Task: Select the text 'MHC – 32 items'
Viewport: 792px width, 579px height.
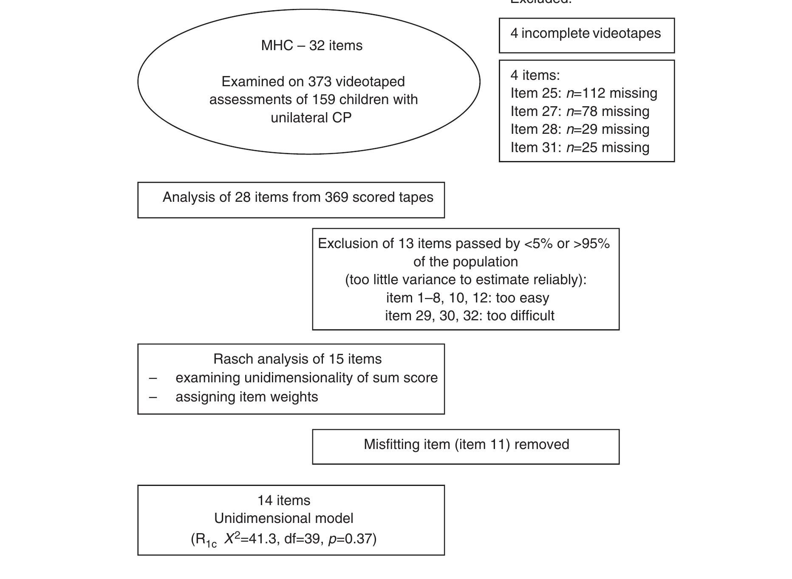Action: click(x=311, y=45)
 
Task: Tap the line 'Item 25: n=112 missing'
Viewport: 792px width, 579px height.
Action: click(x=583, y=93)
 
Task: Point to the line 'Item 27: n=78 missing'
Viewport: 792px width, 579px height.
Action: click(x=580, y=111)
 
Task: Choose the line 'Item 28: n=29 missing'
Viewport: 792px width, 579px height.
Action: click(x=580, y=129)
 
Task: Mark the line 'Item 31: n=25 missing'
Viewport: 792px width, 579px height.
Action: click(x=580, y=147)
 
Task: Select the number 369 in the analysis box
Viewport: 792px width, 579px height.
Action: click(x=337, y=197)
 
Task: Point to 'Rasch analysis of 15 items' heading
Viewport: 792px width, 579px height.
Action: click(x=297, y=359)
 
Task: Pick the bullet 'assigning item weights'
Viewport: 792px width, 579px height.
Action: click(x=246, y=397)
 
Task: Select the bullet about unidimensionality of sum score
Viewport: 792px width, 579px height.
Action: click(x=306, y=378)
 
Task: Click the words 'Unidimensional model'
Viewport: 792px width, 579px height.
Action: click(x=283, y=518)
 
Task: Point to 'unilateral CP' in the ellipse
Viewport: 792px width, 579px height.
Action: click(x=311, y=118)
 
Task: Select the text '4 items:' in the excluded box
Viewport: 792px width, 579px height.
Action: click(x=535, y=75)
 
